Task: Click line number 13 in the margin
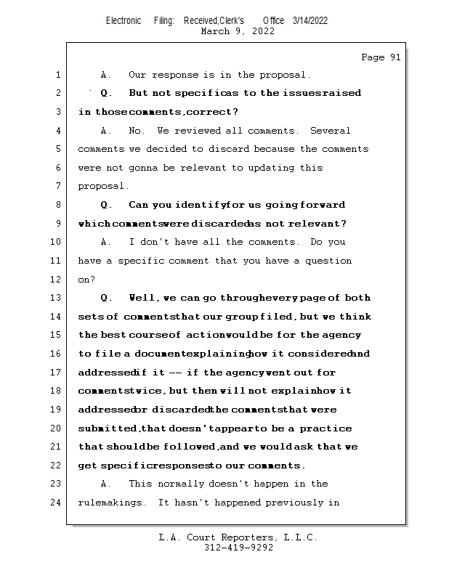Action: tap(57, 298)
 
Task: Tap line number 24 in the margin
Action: tap(57, 502)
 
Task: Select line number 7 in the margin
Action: tap(57, 186)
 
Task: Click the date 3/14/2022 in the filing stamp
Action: tap(310, 20)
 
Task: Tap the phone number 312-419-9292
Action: tap(238, 548)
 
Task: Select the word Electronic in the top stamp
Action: tap(124, 20)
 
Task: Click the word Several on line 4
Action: tap(330, 131)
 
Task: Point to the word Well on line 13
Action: tap(142, 298)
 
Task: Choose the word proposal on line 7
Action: tap(102, 186)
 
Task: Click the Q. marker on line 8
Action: tap(105, 205)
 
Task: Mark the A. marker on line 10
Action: tap(105, 242)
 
